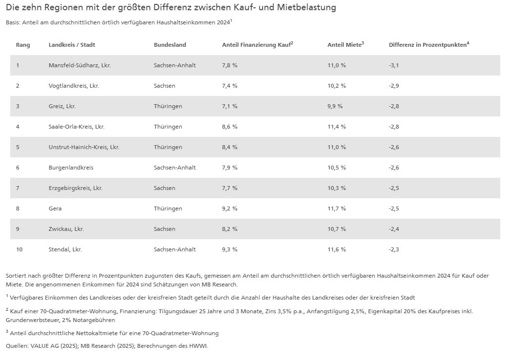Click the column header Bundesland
[170, 45]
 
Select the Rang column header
[23, 45]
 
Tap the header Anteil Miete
[345, 45]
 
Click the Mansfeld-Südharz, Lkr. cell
[79, 65]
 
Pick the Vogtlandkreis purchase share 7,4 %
[229, 86]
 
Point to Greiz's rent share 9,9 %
[335, 106]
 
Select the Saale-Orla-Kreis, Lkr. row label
[76, 127]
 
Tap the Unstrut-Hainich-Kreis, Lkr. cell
[84, 147]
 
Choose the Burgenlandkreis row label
[71, 168]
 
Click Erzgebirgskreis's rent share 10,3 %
[337, 188]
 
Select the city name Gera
[55, 208]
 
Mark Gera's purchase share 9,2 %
[229, 208]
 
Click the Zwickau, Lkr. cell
[66, 229]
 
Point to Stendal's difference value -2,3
[394, 249]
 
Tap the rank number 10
[19, 249]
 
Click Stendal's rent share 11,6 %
[337, 249]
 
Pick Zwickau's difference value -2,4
[394, 229]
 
